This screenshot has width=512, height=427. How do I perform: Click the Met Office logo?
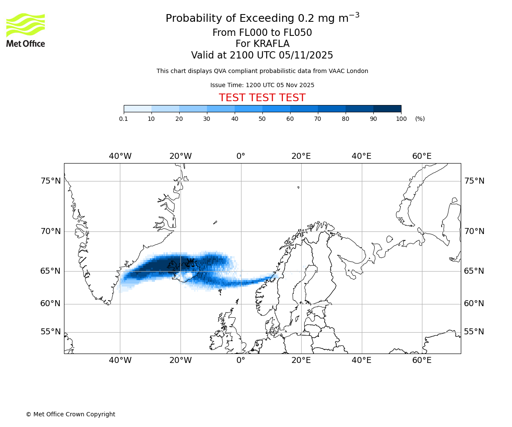coord(26,30)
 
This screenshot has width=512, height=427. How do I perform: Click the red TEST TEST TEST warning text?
coord(262,98)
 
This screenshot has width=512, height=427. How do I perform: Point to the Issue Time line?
coord(262,85)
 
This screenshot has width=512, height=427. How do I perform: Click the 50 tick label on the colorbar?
coord(262,119)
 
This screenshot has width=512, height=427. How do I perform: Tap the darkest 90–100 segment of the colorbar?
coord(387,108)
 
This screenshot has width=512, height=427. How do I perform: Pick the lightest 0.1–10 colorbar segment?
coord(137,108)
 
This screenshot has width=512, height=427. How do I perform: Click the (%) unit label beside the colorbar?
coord(420,119)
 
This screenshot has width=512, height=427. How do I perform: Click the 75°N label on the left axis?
coord(51,181)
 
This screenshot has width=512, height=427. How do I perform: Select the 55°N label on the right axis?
coord(474,332)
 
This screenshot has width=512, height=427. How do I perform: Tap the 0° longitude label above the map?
coord(241,156)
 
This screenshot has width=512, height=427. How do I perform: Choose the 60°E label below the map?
coord(422,360)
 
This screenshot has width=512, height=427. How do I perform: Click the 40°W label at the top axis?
coord(120,156)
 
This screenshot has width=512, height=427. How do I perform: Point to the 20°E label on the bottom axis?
coord(301,360)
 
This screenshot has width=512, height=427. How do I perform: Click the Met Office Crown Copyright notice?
coord(70,414)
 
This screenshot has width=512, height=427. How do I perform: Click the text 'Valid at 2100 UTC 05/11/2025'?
coord(262,55)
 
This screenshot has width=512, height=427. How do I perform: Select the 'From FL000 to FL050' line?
coord(262,33)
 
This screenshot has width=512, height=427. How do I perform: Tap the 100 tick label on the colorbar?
coord(401,119)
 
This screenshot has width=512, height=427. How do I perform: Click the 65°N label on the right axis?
coord(474,271)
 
